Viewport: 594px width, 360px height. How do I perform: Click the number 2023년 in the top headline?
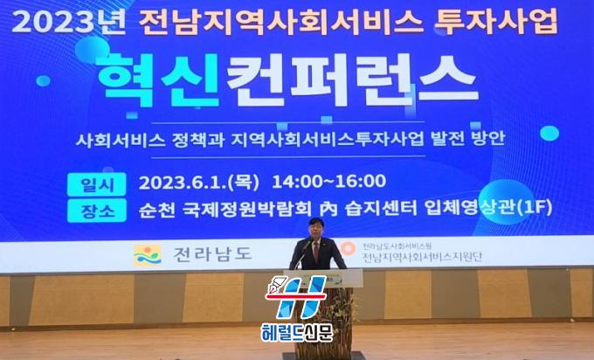click(68, 22)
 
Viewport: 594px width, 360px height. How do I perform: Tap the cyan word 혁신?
click(159, 80)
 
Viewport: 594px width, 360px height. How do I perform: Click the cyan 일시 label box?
click(97, 184)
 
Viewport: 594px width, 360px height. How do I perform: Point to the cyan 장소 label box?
click(97, 210)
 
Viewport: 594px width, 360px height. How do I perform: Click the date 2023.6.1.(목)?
click(199, 182)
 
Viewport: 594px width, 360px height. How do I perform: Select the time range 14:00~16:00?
click(328, 182)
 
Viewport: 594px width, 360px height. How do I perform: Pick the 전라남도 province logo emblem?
click(148, 254)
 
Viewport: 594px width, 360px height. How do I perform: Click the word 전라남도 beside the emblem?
click(212, 254)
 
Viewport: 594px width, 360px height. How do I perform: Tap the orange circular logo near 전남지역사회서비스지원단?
click(346, 248)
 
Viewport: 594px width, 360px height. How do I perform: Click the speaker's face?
click(315, 230)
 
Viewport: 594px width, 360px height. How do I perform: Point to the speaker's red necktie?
click(316, 251)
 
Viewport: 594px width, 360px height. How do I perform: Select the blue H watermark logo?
click(296, 297)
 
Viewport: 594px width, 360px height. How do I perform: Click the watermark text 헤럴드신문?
click(297, 332)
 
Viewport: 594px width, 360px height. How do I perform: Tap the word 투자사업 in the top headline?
click(496, 21)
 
